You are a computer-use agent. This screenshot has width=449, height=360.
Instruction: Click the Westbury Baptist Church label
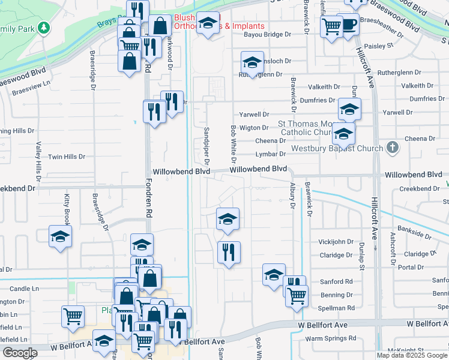[x=337, y=148]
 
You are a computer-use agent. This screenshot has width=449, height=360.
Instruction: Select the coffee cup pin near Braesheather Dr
[x=348, y=25]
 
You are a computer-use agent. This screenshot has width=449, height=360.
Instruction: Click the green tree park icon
[x=43, y=28]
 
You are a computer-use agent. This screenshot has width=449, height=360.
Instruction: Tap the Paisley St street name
[x=378, y=45]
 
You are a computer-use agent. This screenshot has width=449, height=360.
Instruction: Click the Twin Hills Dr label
[x=67, y=157]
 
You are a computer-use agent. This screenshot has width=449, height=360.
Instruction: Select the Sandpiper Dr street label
[x=205, y=145]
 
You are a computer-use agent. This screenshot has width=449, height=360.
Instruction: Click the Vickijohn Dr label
[x=336, y=242]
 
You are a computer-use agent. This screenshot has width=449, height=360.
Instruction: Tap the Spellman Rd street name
[x=337, y=308]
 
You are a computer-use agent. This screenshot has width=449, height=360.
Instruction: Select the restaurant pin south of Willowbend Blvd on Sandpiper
[x=228, y=252]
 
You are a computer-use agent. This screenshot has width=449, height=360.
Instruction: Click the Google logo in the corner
[x=20, y=353]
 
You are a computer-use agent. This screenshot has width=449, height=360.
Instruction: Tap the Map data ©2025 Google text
[x=412, y=355]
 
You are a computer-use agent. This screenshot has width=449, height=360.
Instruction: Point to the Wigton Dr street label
[x=254, y=128]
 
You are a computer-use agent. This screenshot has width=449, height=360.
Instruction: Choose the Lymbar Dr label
[x=271, y=154]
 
